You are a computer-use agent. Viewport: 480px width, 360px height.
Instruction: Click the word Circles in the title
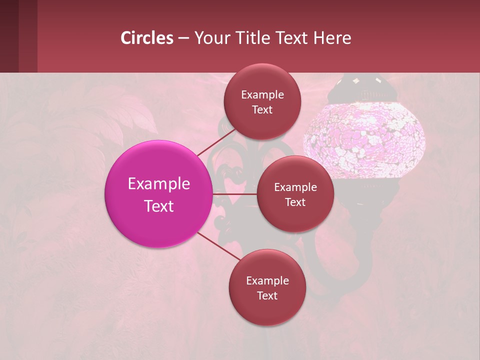[x=147, y=38]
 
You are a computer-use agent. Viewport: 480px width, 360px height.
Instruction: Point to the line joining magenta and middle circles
[x=235, y=193]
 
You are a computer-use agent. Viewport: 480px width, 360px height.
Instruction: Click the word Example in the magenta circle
[x=159, y=184]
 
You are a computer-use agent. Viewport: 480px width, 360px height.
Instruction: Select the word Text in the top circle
[x=262, y=110]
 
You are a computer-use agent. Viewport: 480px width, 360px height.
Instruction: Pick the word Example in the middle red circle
[x=295, y=187]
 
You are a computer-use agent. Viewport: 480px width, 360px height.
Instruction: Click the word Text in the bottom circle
[x=267, y=296]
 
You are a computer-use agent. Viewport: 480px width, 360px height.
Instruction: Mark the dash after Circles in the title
[x=183, y=38]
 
